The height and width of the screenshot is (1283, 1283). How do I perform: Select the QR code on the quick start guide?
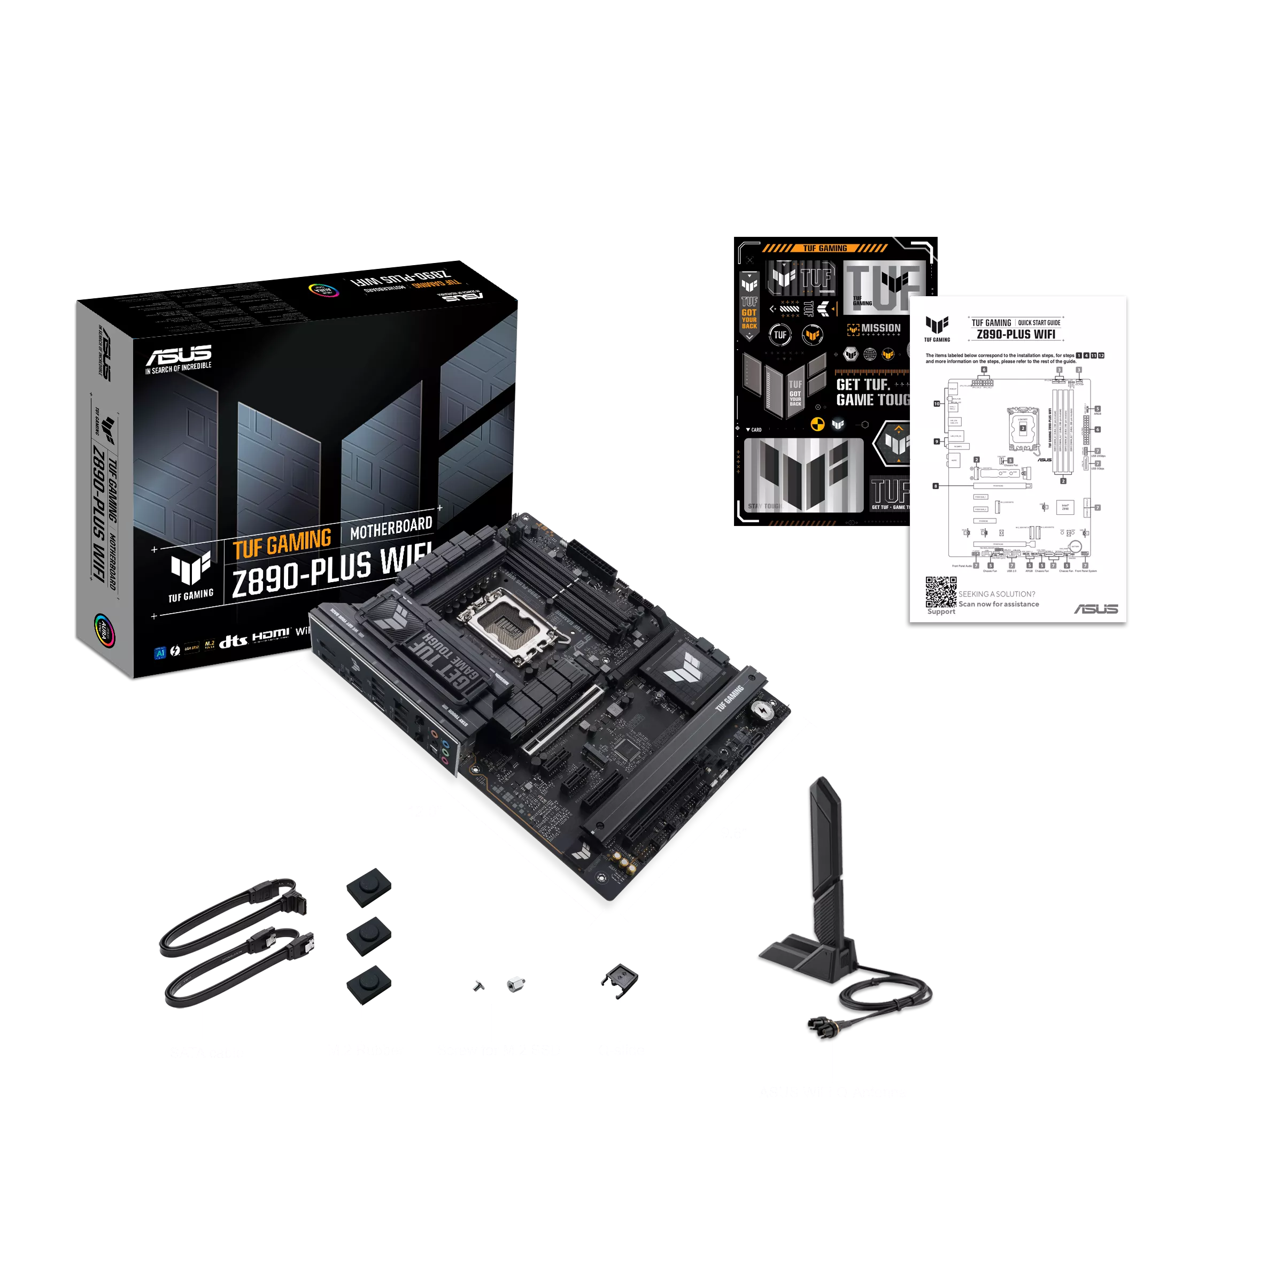coord(941,592)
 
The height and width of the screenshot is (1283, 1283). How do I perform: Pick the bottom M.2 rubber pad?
coord(368,984)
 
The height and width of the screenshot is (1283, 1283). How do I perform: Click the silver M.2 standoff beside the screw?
coord(515,984)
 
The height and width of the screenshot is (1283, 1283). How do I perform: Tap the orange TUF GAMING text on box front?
coord(282,544)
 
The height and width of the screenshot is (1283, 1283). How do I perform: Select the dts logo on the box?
coord(233,641)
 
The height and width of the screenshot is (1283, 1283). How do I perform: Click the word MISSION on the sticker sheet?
coord(880,328)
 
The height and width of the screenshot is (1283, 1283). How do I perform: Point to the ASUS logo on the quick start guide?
coord(1096,609)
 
